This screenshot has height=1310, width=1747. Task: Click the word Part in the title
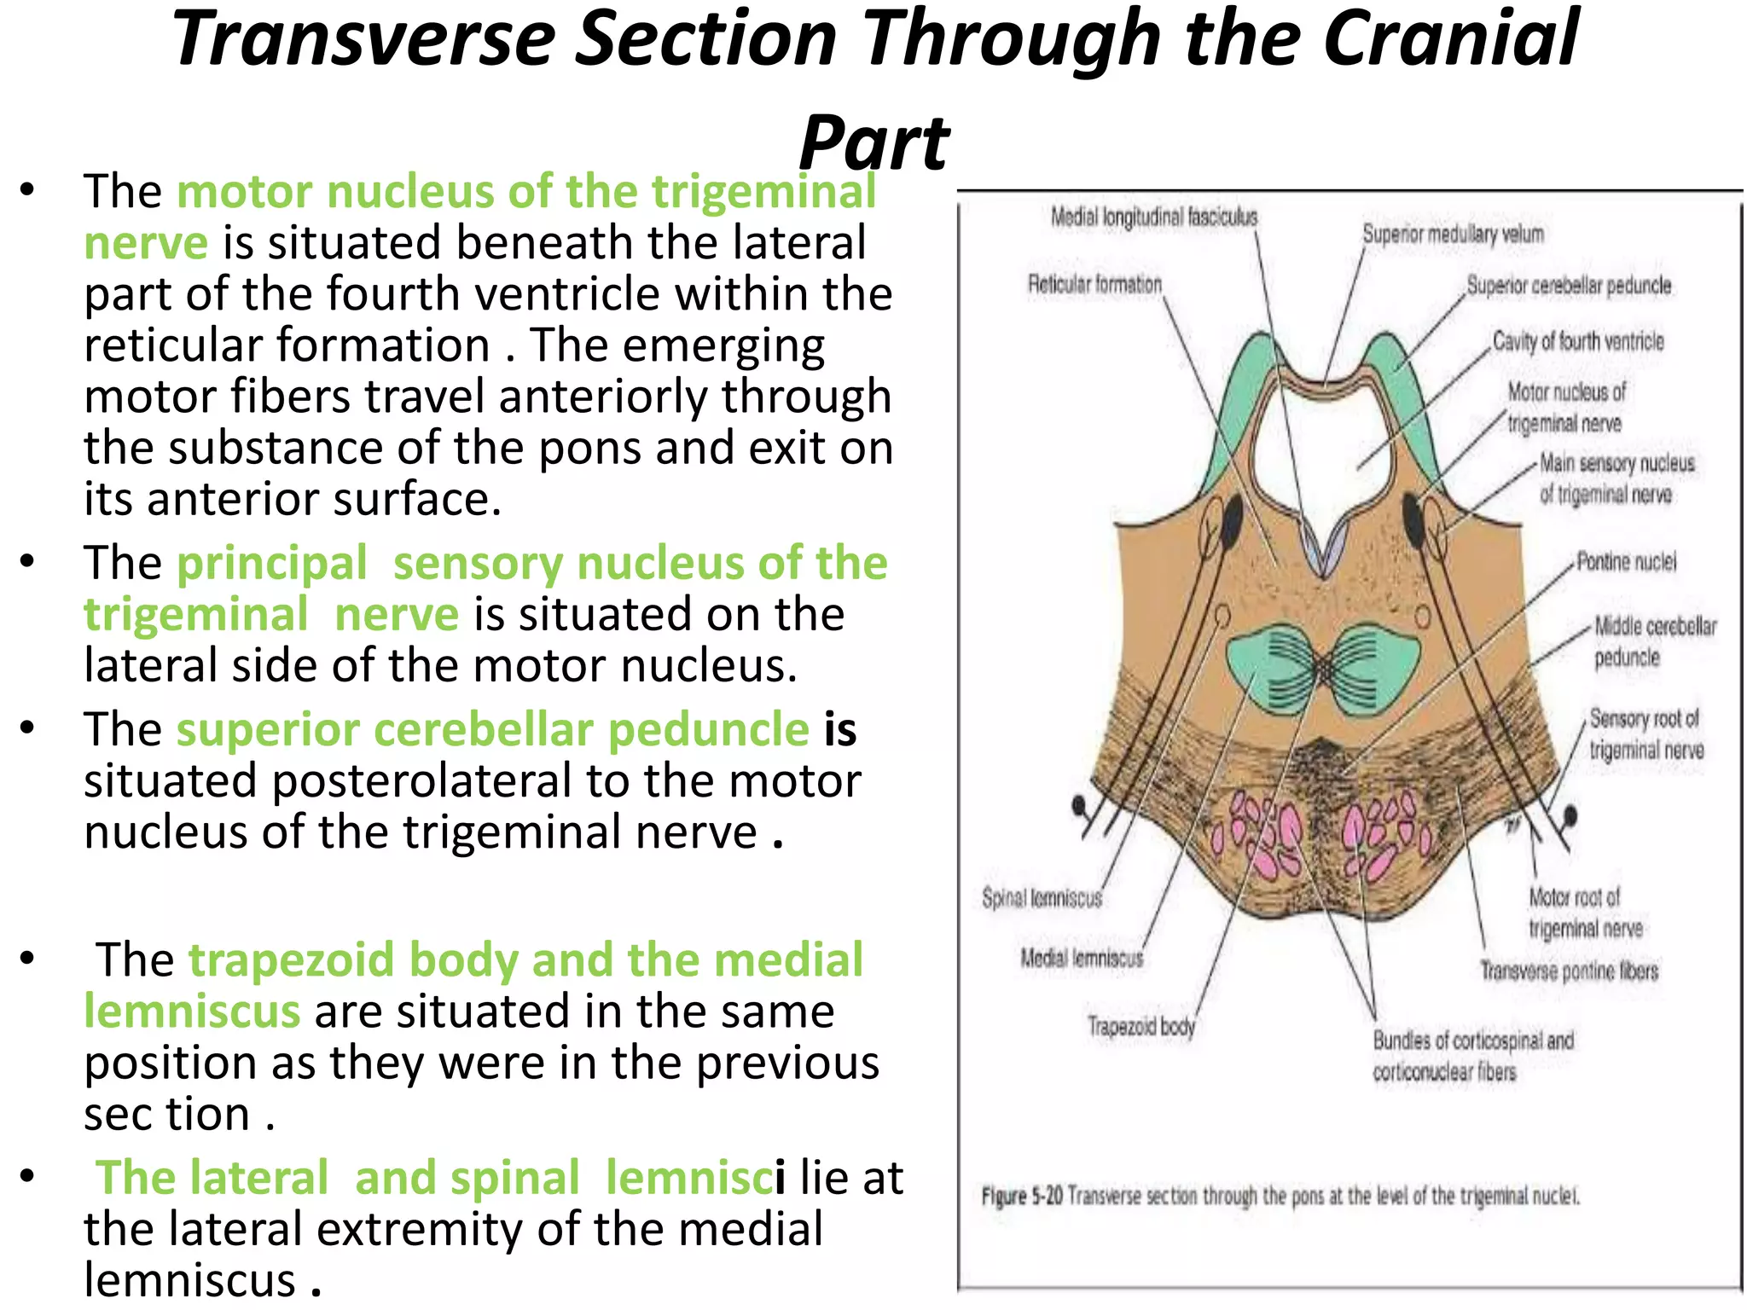coord(873,143)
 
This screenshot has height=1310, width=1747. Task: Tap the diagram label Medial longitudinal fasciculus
coord(1153,217)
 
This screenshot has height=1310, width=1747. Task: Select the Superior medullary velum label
coord(1453,234)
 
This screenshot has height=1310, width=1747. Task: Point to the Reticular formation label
coord(1094,284)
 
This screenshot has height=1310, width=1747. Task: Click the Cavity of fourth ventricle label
coord(1577,342)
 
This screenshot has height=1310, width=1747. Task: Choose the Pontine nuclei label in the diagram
coord(1626,562)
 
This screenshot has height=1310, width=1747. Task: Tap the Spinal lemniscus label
coord(1042,898)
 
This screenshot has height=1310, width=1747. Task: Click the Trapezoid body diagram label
coord(1140,1026)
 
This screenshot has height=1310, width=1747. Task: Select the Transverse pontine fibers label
coord(1569,971)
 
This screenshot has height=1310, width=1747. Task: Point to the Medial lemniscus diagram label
coord(1082,959)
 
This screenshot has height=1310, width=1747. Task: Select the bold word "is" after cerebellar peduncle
coord(839,730)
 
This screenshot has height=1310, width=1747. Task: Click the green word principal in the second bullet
coord(272,564)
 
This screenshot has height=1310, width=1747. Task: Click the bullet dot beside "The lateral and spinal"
coord(27,1176)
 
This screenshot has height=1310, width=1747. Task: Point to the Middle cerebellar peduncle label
coord(1654,641)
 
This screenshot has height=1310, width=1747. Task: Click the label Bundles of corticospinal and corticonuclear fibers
coord(1471,1056)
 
